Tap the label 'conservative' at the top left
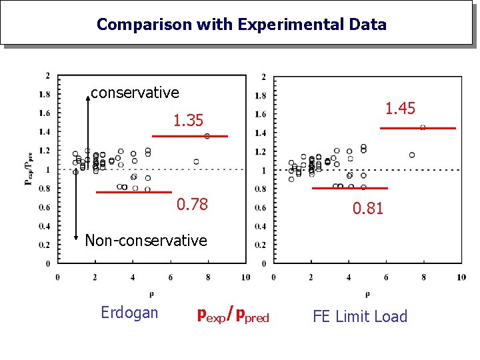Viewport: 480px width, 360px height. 135,93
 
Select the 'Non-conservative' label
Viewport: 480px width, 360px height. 146,240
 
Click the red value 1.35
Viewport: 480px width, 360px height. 188,121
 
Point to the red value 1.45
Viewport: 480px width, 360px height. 400,109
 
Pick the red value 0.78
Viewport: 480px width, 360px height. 192,205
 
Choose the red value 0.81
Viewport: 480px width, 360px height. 368,209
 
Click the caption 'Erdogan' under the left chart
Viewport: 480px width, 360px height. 129,313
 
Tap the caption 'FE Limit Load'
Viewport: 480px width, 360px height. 359,317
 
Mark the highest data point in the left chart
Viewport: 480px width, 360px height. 207,136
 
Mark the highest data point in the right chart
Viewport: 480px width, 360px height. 423,127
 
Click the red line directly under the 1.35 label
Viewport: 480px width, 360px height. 189,136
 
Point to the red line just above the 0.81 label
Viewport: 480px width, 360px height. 349,189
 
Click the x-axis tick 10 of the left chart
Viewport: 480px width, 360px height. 246,277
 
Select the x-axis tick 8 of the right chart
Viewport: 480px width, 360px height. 424,277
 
